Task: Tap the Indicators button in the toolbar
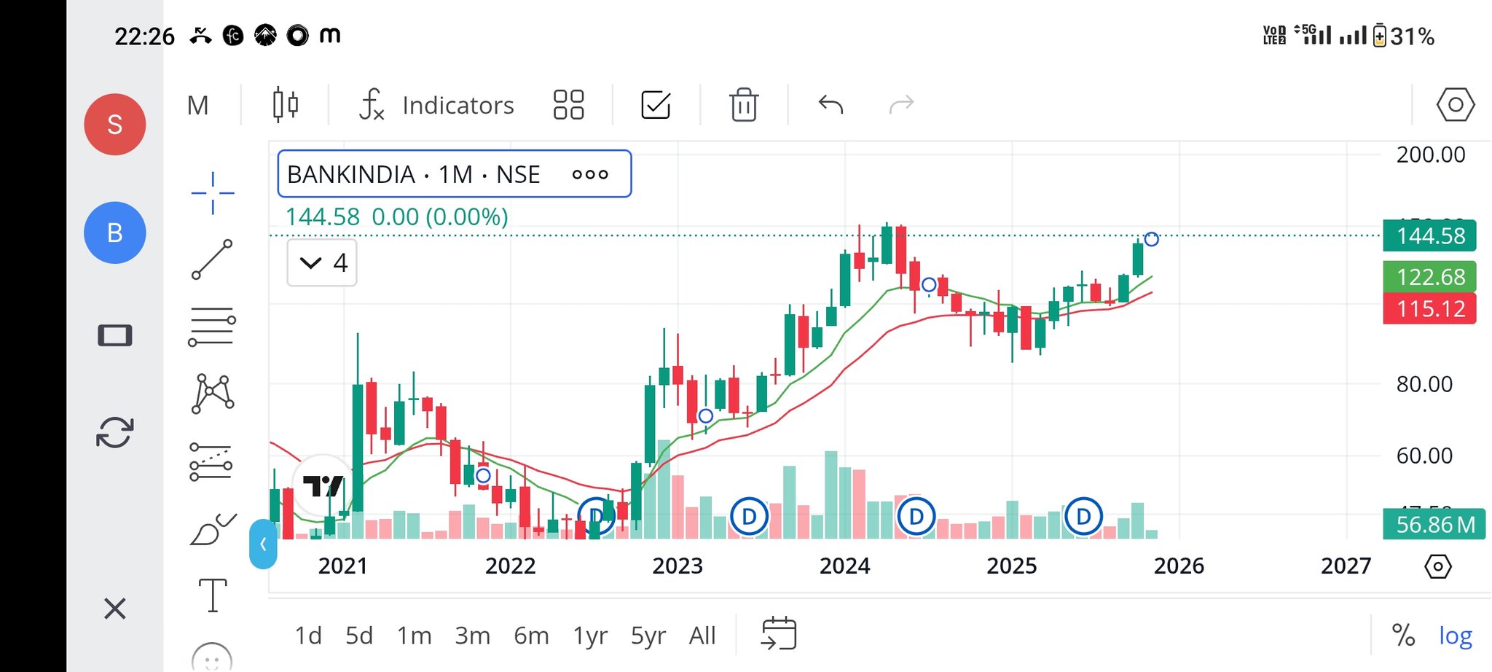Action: pyautogui.click(x=437, y=105)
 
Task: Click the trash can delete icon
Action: pyautogui.click(x=744, y=105)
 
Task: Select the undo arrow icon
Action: pyautogui.click(x=831, y=105)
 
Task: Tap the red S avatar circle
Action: pyautogui.click(x=115, y=125)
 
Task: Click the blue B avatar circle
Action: pyautogui.click(x=115, y=233)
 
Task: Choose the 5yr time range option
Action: pyautogui.click(x=648, y=636)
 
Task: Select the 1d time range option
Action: pyautogui.click(x=308, y=636)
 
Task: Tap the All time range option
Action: pyautogui.click(x=702, y=636)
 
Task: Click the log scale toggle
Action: pyautogui.click(x=1455, y=636)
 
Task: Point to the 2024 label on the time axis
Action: pyautogui.click(x=844, y=566)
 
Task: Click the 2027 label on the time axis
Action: pyautogui.click(x=1346, y=566)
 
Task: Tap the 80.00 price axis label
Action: pyautogui.click(x=1424, y=384)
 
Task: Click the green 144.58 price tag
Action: pyautogui.click(x=1429, y=236)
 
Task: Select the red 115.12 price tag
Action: pyautogui.click(x=1429, y=309)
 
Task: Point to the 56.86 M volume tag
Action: pyautogui.click(x=1434, y=524)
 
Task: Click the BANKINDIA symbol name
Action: pyautogui.click(x=351, y=175)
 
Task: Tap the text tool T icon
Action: pyautogui.click(x=213, y=595)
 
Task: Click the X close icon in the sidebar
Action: pyautogui.click(x=115, y=608)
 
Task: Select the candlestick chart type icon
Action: pyautogui.click(x=285, y=105)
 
